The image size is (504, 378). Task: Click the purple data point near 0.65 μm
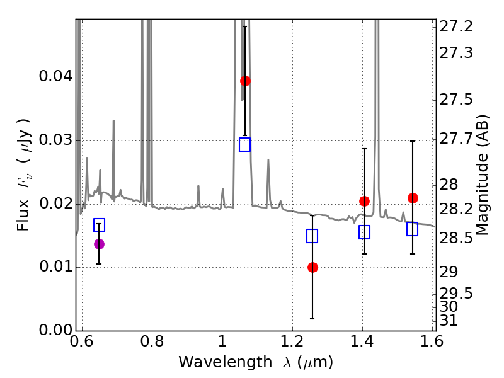pyautogui.click(x=99, y=244)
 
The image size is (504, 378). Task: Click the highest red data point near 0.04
pyautogui.click(x=245, y=81)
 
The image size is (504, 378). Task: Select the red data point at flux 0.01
pyautogui.click(x=312, y=267)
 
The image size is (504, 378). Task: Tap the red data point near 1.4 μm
pyautogui.click(x=364, y=201)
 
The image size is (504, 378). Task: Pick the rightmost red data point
pyautogui.click(x=413, y=198)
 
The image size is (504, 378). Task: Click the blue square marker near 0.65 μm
pyautogui.click(x=99, y=225)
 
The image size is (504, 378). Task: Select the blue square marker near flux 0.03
pyautogui.click(x=245, y=144)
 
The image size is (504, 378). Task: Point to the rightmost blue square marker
pyautogui.click(x=413, y=229)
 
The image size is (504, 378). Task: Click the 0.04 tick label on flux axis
pyautogui.click(x=55, y=77)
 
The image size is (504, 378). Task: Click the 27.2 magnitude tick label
pyautogui.click(x=457, y=26)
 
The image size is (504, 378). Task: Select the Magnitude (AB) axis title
pyautogui.click(x=483, y=175)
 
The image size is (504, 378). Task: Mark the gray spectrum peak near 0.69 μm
pyautogui.click(x=113, y=121)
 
